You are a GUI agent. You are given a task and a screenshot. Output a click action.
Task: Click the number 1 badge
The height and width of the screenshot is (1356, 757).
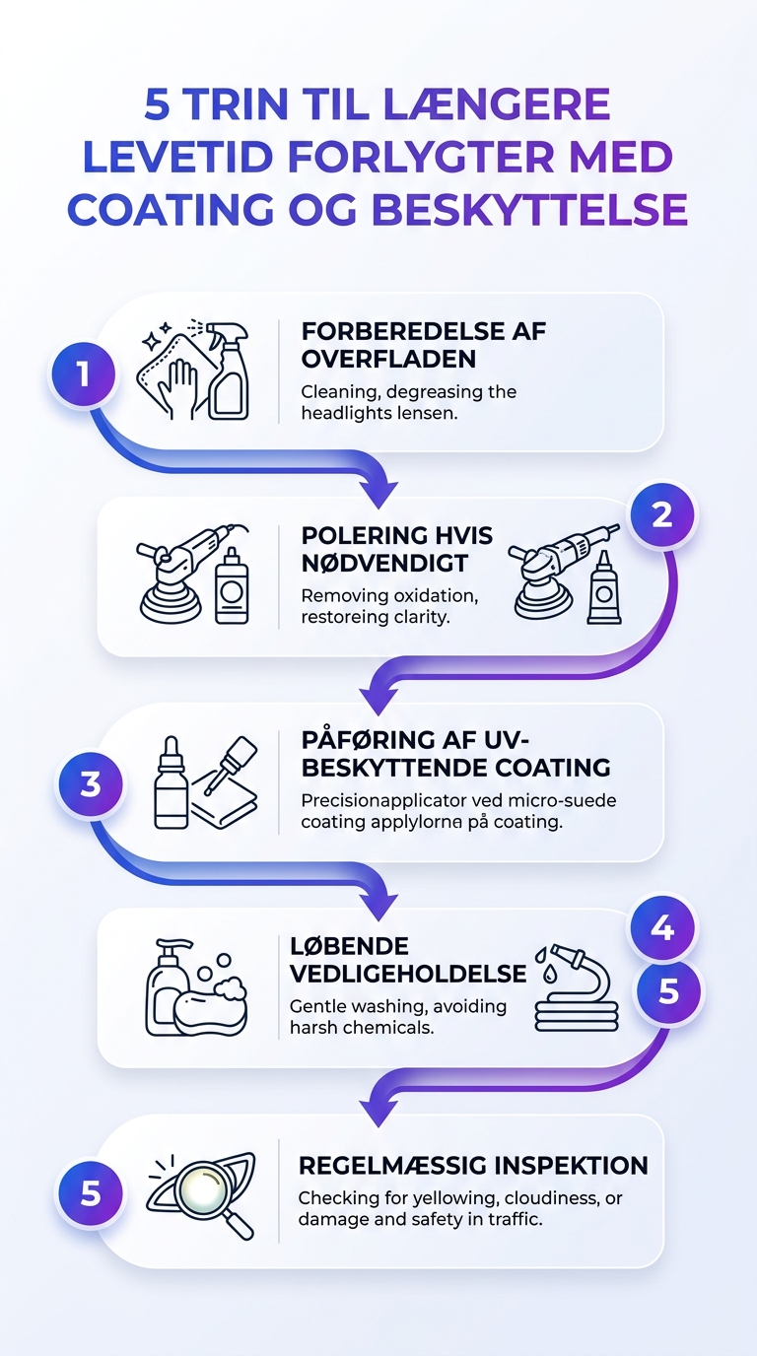83,373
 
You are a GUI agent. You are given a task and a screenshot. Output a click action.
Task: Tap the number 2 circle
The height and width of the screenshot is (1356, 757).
662,515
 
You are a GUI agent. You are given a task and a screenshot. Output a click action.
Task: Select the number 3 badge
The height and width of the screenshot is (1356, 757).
91,784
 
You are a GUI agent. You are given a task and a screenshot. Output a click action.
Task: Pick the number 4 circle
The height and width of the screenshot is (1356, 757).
662,927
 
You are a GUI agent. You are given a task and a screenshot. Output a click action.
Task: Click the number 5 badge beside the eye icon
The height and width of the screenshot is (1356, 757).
91,1193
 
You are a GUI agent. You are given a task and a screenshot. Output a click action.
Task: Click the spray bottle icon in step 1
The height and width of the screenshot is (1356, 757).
227,370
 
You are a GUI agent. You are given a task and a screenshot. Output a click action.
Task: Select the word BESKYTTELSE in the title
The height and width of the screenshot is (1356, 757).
529,210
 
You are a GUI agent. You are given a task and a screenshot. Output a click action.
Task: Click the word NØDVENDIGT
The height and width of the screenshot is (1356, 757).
384,564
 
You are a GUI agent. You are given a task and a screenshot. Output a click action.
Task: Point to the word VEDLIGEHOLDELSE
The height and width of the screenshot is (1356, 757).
408,974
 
